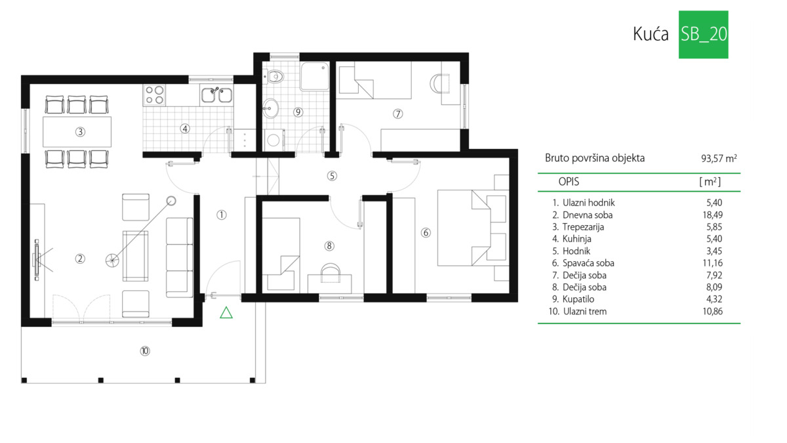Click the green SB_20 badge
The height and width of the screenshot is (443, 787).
coord(703,34)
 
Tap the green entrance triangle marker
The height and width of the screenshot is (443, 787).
coord(226,312)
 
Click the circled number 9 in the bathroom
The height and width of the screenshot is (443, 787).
coord(298,112)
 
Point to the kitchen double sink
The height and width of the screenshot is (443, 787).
coord(216,95)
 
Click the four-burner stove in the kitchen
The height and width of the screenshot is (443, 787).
coord(154,95)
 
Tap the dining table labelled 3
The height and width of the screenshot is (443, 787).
coord(77,132)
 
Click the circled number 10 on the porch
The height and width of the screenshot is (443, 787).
coord(145,351)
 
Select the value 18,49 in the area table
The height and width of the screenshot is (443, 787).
coord(712,215)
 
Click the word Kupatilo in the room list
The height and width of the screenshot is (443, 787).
coord(578,299)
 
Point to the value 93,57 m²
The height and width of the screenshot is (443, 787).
coord(719,159)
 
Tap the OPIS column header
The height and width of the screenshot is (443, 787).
coord(569,182)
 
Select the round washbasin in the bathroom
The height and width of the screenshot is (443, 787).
coord(270,108)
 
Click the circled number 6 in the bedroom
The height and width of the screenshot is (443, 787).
coord(426,232)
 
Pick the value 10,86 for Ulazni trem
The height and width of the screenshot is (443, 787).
coord(712,311)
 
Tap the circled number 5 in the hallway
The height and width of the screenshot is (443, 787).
coord(332,176)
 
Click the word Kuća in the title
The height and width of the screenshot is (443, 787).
coord(651,34)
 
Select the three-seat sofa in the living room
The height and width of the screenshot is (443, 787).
coord(179,257)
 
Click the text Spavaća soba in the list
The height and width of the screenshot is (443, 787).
coord(588,263)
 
